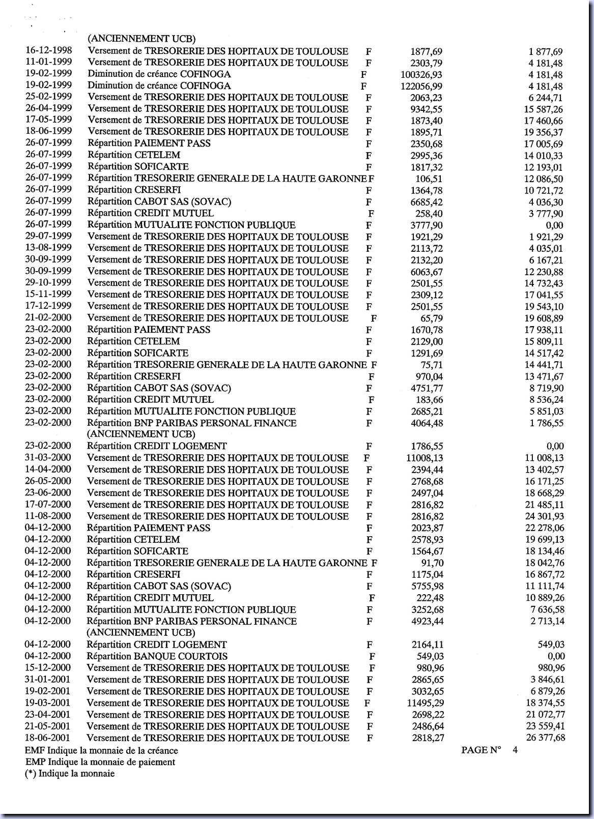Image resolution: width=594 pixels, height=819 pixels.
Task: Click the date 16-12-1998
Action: tap(48, 50)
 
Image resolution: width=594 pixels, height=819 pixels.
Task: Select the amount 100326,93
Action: tap(421, 75)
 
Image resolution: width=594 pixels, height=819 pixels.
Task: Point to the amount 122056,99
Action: tap(421, 86)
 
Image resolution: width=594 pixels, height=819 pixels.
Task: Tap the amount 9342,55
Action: tap(427, 109)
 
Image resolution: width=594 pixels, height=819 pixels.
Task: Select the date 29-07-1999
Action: tap(48, 236)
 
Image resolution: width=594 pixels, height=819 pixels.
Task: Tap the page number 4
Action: tap(515, 750)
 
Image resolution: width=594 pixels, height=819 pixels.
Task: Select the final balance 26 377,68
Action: tap(544, 738)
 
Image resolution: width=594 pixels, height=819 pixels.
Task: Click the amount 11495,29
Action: tap(424, 703)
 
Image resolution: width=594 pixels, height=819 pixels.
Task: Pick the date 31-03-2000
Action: tap(48, 457)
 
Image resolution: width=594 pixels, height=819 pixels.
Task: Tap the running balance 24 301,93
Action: tap(544, 516)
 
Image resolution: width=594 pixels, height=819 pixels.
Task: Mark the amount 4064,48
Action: tap(427, 423)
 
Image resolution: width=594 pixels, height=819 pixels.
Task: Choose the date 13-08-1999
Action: tap(48, 248)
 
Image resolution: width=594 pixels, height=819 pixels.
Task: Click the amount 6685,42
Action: tap(427, 202)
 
